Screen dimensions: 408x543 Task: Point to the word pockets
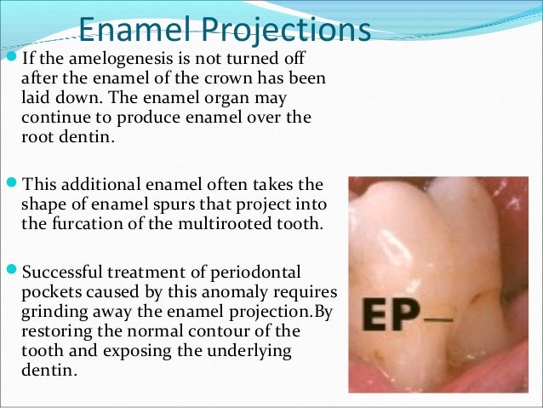[x=48, y=293]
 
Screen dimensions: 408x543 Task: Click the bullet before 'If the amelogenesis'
[x=10, y=60]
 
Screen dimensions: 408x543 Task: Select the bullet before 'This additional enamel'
[x=10, y=185]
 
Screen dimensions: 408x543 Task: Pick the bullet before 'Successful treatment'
[x=10, y=273]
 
